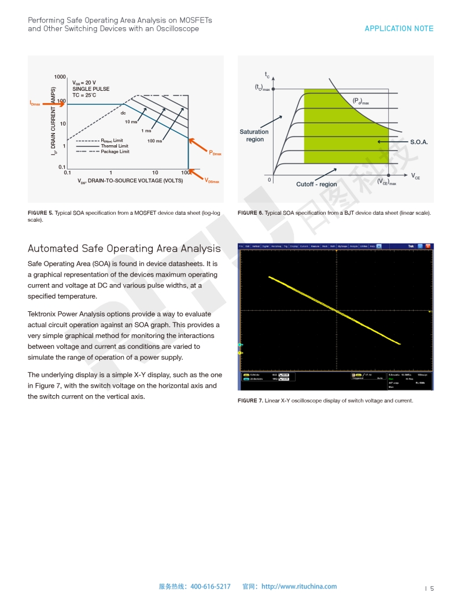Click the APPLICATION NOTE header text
(x=399, y=28)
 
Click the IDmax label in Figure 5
(x=38, y=103)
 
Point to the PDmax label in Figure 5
(x=215, y=153)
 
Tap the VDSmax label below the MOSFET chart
(x=212, y=181)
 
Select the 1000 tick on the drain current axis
(x=60, y=77)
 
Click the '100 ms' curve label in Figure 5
(x=154, y=141)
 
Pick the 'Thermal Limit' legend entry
(x=115, y=146)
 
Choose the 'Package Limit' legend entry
(x=115, y=152)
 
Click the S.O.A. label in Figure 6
(x=419, y=142)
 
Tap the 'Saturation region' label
(x=255, y=135)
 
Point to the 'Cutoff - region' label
(x=316, y=184)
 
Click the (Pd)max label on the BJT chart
(x=360, y=101)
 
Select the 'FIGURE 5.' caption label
(x=40, y=213)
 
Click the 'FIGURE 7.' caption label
(x=250, y=400)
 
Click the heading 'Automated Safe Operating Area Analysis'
(x=124, y=248)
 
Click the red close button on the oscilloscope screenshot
(x=429, y=246)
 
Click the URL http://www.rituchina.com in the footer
(x=299, y=586)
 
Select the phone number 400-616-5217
(x=211, y=586)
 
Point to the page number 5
(x=432, y=588)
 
